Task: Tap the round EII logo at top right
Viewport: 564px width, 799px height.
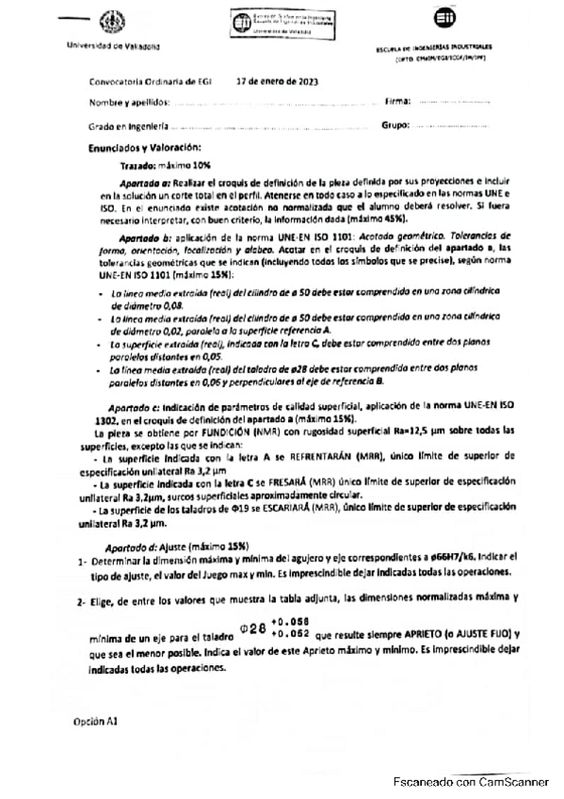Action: click(443, 21)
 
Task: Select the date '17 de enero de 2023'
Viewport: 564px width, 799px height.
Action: click(278, 81)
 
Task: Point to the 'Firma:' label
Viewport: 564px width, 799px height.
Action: click(397, 100)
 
